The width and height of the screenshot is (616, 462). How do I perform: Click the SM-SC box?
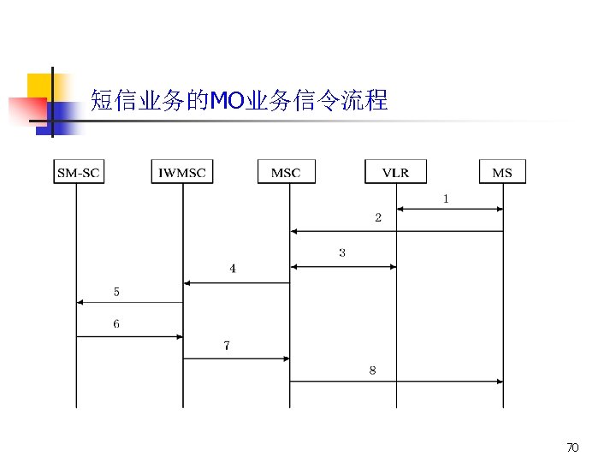(78, 172)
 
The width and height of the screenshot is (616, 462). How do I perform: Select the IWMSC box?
(182, 172)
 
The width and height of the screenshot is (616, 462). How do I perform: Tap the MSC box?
(286, 172)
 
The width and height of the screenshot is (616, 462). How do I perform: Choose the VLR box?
(395, 172)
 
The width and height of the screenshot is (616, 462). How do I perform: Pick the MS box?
(502, 172)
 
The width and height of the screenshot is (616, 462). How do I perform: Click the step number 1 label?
(446, 198)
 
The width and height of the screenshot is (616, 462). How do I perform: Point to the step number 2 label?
(378, 217)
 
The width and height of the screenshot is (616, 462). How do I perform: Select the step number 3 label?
(342, 252)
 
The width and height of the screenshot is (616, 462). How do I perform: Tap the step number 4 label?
(233, 269)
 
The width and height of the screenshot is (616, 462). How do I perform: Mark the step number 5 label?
(116, 292)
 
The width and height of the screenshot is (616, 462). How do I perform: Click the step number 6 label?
(116, 324)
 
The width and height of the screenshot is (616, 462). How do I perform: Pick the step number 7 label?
(226, 346)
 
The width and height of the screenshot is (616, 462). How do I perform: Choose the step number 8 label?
(372, 370)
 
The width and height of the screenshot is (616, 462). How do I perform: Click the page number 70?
(573, 447)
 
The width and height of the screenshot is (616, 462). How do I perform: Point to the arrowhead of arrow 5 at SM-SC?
(80, 302)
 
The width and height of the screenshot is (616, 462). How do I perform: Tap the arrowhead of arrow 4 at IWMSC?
(186, 282)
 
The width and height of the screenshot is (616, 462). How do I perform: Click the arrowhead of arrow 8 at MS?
(500, 382)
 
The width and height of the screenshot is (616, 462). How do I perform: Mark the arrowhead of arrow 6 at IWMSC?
(180, 336)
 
